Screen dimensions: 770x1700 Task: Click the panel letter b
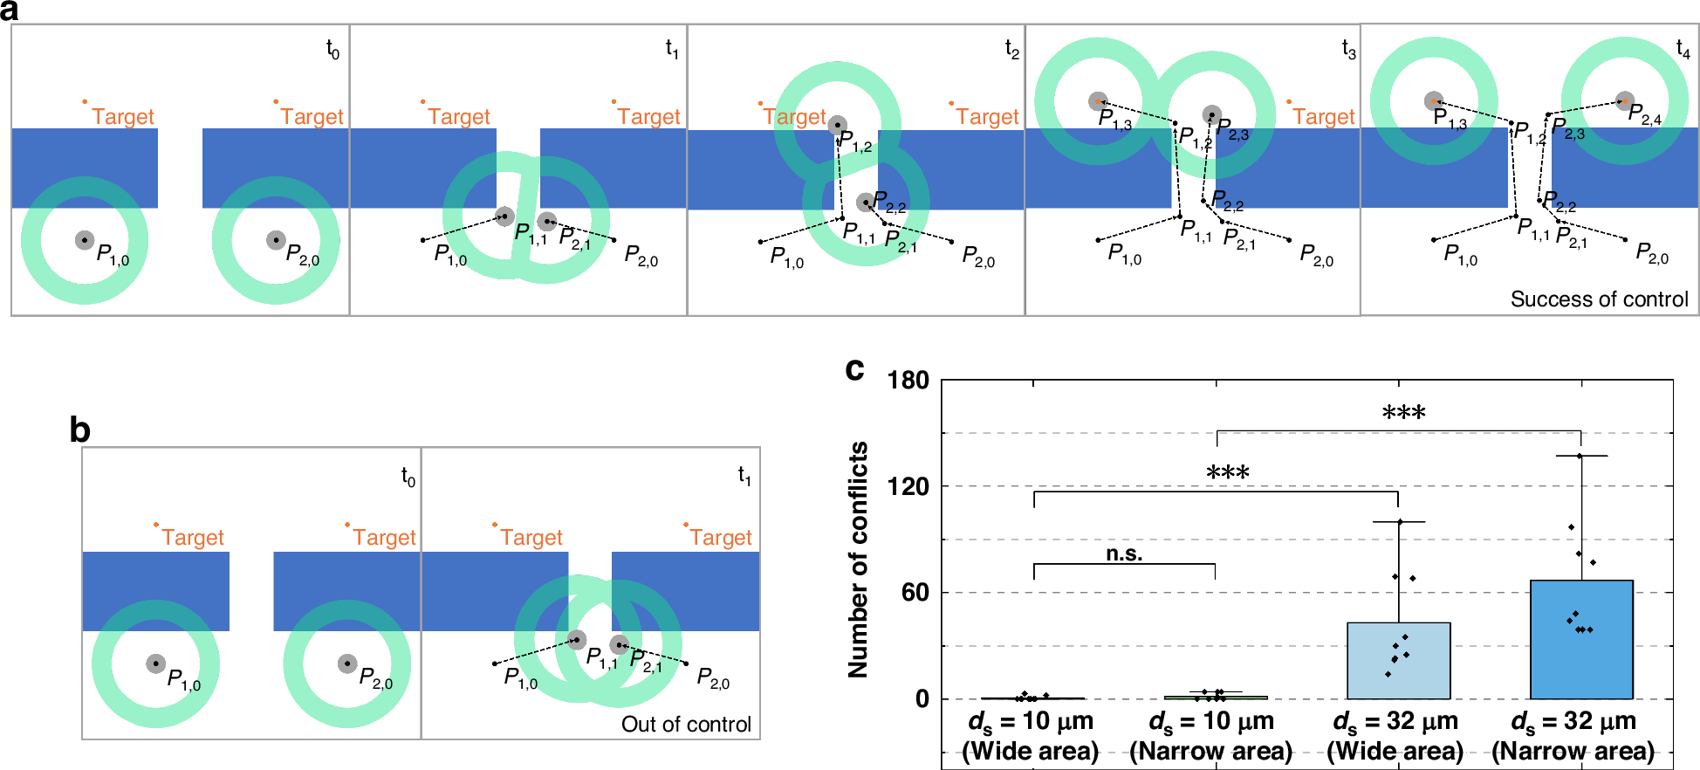point(79,430)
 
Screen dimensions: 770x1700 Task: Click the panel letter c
point(854,369)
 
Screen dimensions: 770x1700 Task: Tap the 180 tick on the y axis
point(908,381)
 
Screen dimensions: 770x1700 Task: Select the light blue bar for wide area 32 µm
point(1398,661)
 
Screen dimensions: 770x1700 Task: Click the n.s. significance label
point(1124,553)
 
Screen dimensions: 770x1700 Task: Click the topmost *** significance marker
point(1403,413)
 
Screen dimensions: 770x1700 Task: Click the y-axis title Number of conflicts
point(859,559)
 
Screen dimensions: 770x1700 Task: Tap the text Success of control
point(1599,299)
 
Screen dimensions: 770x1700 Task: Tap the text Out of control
point(686,725)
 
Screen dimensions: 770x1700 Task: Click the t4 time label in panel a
point(1683,49)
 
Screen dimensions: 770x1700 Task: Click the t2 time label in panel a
point(1011,49)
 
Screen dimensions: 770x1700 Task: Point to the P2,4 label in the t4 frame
point(1645,114)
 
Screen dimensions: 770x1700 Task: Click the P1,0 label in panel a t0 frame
point(113,255)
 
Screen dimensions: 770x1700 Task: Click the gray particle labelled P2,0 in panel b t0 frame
point(347,663)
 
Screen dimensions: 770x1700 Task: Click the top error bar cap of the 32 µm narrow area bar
point(1580,456)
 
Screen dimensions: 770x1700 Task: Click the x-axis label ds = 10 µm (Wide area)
point(1031,736)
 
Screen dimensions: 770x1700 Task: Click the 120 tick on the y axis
point(908,486)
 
